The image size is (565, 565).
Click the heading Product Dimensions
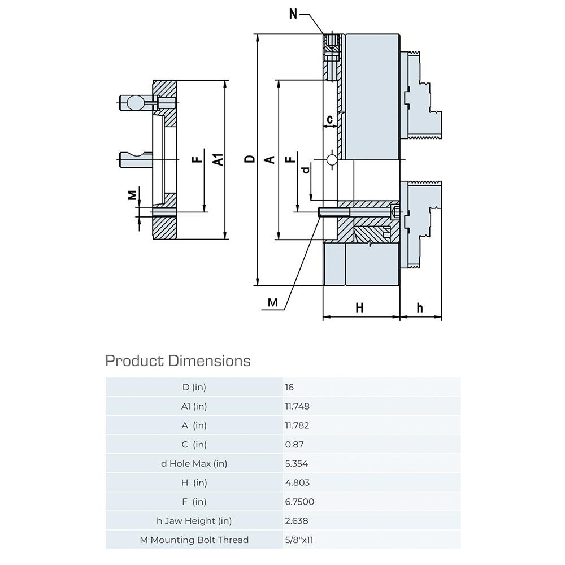pyautogui.click(x=178, y=360)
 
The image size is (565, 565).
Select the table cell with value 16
pyautogui.click(x=290, y=388)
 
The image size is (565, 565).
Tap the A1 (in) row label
pyautogui.click(x=194, y=406)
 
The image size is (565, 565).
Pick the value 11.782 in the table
pyautogui.click(x=298, y=425)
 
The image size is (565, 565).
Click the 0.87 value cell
pyautogui.click(x=294, y=445)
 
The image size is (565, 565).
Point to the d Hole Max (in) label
pyautogui.click(x=194, y=464)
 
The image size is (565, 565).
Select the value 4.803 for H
pyautogui.click(x=297, y=483)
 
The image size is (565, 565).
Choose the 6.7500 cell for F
pyautogui.click(x=299, y=502)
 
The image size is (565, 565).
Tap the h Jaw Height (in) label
pyautogui.click(x=194, y=521)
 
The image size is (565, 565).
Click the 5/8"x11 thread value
pyautogui.click(x=299, y=540)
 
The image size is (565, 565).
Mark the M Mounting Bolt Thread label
pyautogui.click(x=194, y=540)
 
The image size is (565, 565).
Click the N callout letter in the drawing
pyautogui.click(x=293, y=14)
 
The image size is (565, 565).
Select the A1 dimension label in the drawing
pyautogui.click(x=218, y=160)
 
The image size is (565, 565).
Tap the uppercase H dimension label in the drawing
pyautogui.click(x=359, y=308)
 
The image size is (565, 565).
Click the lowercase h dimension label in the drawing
pyautogui.click(x=420, y=308)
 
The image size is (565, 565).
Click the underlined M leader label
pyautogui.click(x=273, y=303)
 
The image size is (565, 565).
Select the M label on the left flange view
pyautogui.click(x=132, y=195)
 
